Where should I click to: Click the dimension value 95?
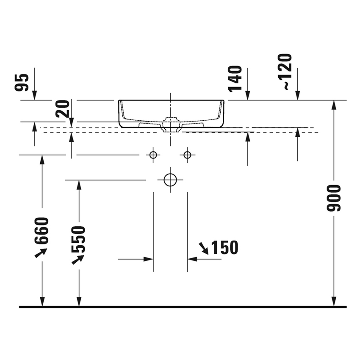[22, 83]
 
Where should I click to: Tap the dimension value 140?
[235, 79]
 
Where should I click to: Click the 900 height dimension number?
[334, 198]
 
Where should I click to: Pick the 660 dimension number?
[42, 231]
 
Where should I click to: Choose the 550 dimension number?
[78, 239]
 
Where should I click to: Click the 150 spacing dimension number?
[224, 248]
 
